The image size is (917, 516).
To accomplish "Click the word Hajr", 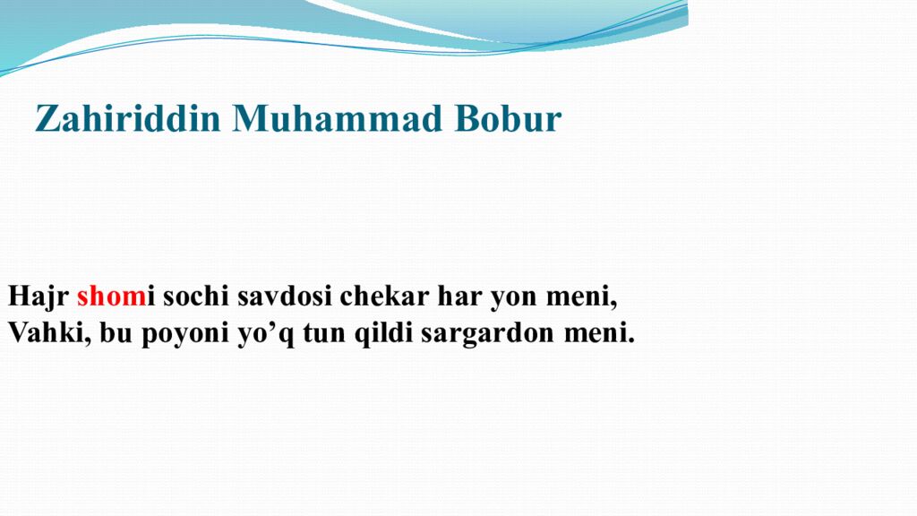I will pyautogui.click(x=39, y=297).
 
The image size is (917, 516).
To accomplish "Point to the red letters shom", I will pyautogui.click(x=105, y=297).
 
